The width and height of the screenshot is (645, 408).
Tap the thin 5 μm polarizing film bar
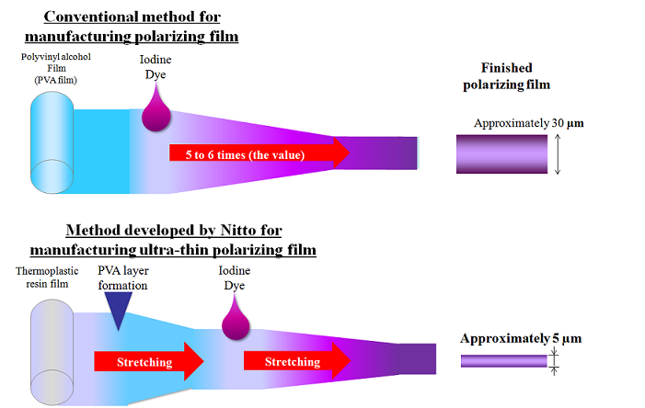[503, 362]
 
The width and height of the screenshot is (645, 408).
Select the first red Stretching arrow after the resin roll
[147, 361]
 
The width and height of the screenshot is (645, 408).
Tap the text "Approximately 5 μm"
[521, 339]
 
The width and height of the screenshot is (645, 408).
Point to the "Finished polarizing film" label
[511, 76]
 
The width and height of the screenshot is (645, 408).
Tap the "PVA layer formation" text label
[123, 277]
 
